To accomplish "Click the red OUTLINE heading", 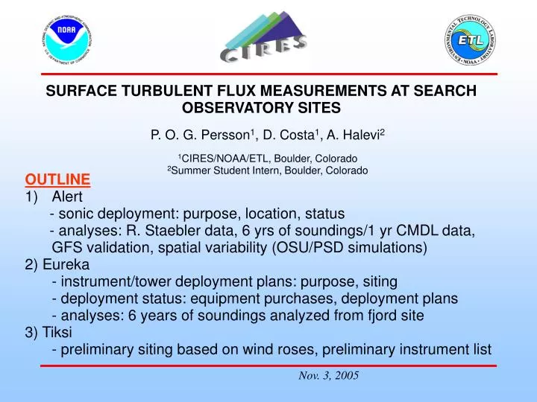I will point(57,179).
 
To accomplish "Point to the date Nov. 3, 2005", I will point(329,376).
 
